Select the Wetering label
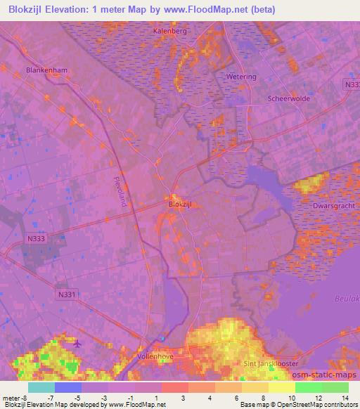[241, 76]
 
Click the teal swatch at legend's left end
[41, 387]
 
